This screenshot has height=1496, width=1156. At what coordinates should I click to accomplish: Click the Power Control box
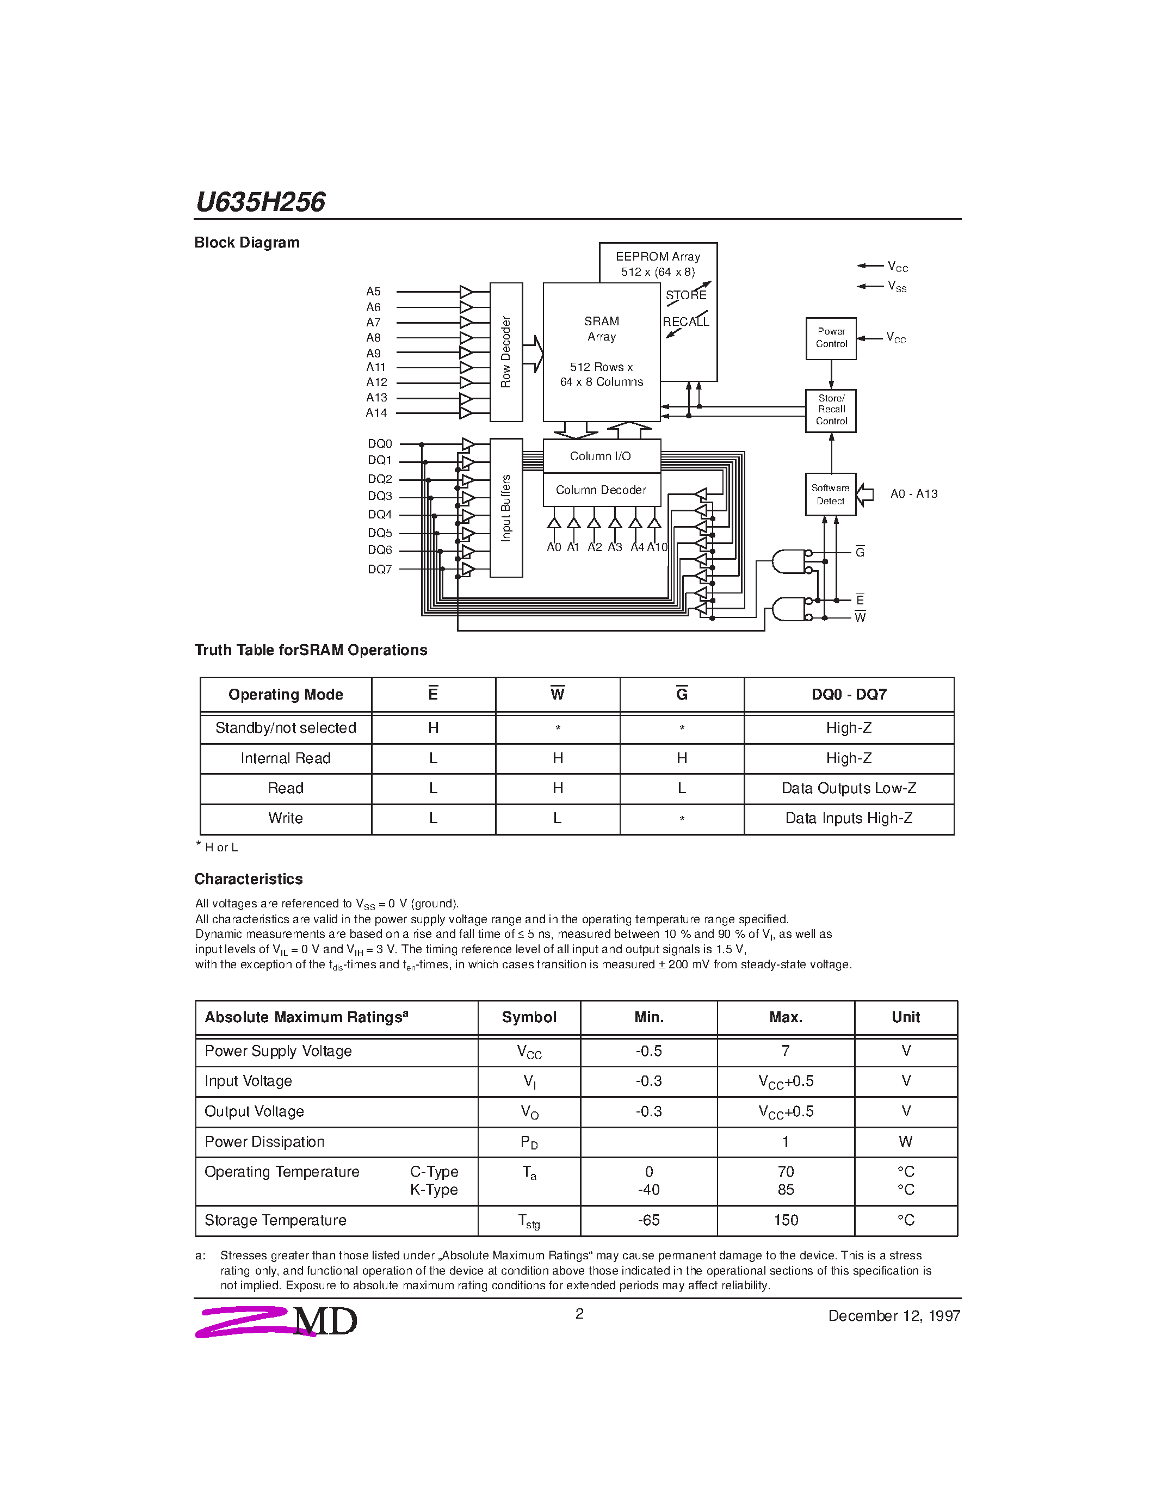[831, 338]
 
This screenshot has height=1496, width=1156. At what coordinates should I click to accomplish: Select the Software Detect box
[830, 494]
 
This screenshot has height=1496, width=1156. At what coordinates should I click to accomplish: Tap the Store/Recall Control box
[831, 410]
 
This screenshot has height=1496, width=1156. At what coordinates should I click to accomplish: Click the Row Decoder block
[506, 352]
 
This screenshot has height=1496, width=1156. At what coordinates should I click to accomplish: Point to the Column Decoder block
[601, 490]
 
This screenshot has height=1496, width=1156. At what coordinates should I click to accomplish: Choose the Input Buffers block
[506, 508]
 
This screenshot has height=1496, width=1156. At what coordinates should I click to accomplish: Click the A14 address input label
[376, 413]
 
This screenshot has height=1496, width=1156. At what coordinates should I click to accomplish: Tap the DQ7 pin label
[379, 569]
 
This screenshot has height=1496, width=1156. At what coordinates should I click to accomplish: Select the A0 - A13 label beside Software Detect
[913, 494]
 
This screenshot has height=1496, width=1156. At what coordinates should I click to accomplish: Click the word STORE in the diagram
[685, 295]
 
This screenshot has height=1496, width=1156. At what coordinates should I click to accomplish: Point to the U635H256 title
[260, 202]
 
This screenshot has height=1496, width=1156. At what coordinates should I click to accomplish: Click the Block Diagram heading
[246, 243]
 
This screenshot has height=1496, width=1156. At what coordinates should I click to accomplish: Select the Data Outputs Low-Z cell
[849, 788]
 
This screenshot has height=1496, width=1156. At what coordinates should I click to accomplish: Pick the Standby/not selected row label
[286, 728]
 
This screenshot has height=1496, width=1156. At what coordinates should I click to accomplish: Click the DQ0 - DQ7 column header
[849, 695]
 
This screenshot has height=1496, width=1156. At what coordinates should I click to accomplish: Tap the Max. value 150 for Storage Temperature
[786, 1220]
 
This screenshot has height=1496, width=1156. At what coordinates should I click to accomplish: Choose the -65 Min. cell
[648, 1220]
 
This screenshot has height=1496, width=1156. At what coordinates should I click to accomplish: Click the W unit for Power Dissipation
[905, 1141]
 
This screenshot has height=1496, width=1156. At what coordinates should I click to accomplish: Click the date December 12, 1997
[894, 1316]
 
